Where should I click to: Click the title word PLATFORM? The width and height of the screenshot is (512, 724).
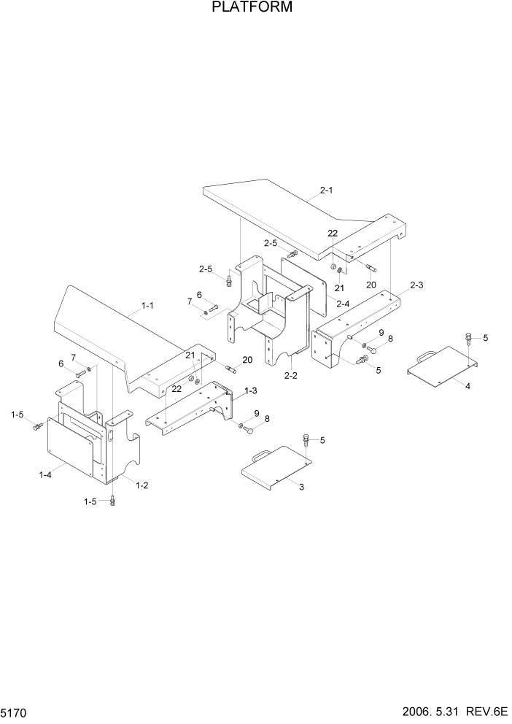[x=252, y=8]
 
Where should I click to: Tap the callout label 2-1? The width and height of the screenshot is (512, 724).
[x=326, y=190]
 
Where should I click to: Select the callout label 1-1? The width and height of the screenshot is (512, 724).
[x=147, y=305]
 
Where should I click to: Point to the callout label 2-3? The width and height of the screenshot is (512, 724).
[x=416, y=285]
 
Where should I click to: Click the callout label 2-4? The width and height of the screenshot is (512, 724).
[x=344, y=302]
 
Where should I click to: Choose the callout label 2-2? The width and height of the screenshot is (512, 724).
[x=290, y=375]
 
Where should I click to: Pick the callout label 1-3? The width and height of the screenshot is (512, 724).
[x=250, y=391]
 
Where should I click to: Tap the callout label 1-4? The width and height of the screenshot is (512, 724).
[x=45, y=475]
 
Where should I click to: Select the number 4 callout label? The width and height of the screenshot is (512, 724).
[x=468, y=386]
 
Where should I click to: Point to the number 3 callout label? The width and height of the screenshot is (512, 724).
[x=300, y=487]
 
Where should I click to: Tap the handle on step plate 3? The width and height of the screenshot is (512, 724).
[x=262, y=455]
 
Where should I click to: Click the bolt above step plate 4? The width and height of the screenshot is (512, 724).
[x=468, y=337]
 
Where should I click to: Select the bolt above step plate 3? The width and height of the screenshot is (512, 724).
[x=305, y=440]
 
